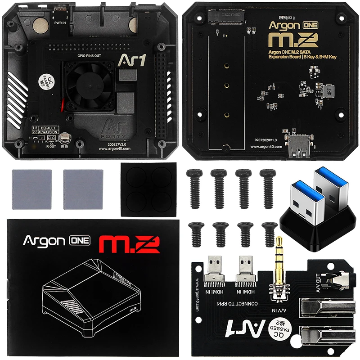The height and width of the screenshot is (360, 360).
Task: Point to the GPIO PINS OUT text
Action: pyautogui.click(x=88, y=55)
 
